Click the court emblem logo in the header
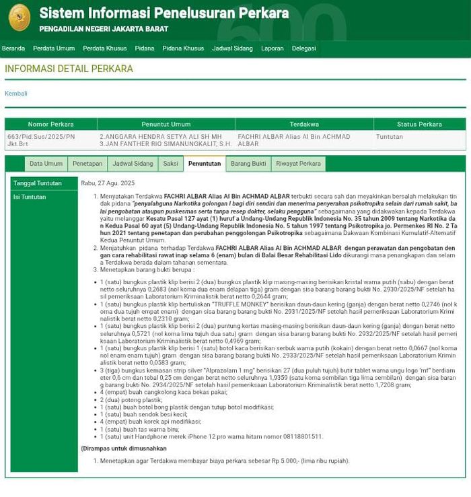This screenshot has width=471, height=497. (x=19, y=18)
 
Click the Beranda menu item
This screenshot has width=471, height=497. (x=13, y=48)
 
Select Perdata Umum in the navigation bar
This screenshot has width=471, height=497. (x=54, y=48)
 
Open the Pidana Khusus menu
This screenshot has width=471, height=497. (x=183, y=48)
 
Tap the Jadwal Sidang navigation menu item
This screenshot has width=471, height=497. (x=232, y=48)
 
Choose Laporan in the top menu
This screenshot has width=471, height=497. (x=273, y=48)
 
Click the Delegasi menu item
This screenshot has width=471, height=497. (x=304, y=48)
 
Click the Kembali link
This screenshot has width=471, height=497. (x=16, y=94)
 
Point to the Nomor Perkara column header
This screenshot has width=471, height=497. (x=51, y=125)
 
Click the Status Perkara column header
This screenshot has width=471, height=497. (x=419, y=125)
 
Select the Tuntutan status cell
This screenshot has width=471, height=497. (x=390, y=137)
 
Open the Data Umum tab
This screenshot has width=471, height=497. (x=46, y=164)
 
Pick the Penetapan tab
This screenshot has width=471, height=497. (x=87, y=164)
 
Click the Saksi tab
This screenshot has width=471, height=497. (x=171, y=164)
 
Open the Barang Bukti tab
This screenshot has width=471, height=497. (x=248, y=164)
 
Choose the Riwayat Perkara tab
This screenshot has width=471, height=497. (x=298, y=164)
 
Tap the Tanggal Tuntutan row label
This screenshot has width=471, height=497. (x=38, y=183)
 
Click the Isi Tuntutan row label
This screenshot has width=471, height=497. (x=30, y=197)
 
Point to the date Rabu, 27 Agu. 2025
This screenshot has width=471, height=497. (x=108, y=183)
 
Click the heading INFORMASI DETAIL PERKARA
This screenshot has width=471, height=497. (x=69, y=69)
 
